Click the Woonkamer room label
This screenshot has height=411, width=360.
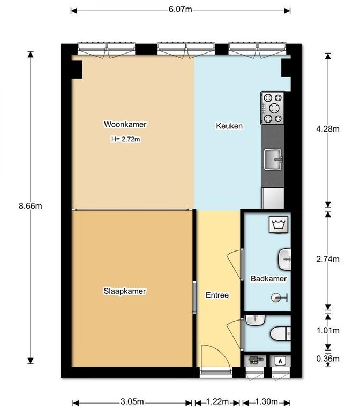click(125, 124)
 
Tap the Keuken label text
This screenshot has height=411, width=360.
click(229, 126)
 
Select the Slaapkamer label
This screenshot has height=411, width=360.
click(125, 291)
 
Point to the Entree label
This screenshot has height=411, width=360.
click(217, 295)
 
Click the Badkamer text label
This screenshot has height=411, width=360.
click(268, 279)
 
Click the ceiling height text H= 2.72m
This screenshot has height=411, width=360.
click(126, 139)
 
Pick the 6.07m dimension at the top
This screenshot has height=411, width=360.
click(180, 10)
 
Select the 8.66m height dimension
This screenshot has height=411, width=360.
click(31, 206)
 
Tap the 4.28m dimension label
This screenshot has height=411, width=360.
click(328, 128)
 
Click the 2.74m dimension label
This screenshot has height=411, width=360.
click(328, 259)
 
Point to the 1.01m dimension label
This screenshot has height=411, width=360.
click(328, 331)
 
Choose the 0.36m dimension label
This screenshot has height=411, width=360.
click(328, 359)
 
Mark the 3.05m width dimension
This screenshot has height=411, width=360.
click(132, 401)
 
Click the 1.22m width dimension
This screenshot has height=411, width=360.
click(217, 401)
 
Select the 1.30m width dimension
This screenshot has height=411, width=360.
click(266, 401)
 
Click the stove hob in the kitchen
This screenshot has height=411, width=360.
click(273, 108)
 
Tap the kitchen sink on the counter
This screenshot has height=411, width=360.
click(273, 159)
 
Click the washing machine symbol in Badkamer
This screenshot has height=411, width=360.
click(279, 225)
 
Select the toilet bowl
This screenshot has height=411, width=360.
click(281, 334)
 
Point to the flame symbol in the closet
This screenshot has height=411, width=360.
click(280, 361)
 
